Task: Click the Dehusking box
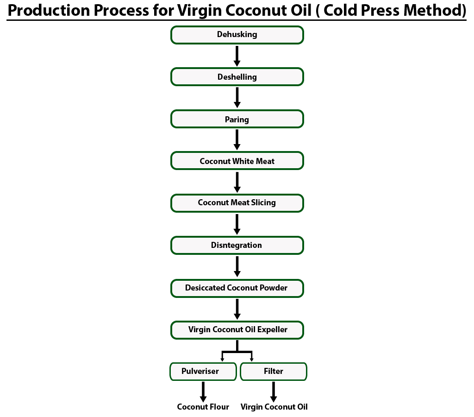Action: coord(237,35)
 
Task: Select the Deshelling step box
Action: coord(237,77)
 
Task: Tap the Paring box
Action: coord(237,119)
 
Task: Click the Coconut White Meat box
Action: coord(237,161)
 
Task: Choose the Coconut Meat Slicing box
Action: coord(237,203)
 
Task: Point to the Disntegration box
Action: coord(237,245)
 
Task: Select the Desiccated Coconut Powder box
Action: coord(237,288)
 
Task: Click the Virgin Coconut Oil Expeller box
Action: coord(237,330)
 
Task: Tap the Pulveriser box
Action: coord(203,371)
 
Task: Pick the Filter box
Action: coord(274,371)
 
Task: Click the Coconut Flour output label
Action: coord(203,407)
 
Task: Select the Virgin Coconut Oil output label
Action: coord(274,407)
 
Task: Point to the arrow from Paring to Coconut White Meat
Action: coord(237,140)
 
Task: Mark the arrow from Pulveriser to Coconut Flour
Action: coord(203,392)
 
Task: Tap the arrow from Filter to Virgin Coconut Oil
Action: coord(274,392)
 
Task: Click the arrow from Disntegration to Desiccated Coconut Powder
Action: coord(237,266)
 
